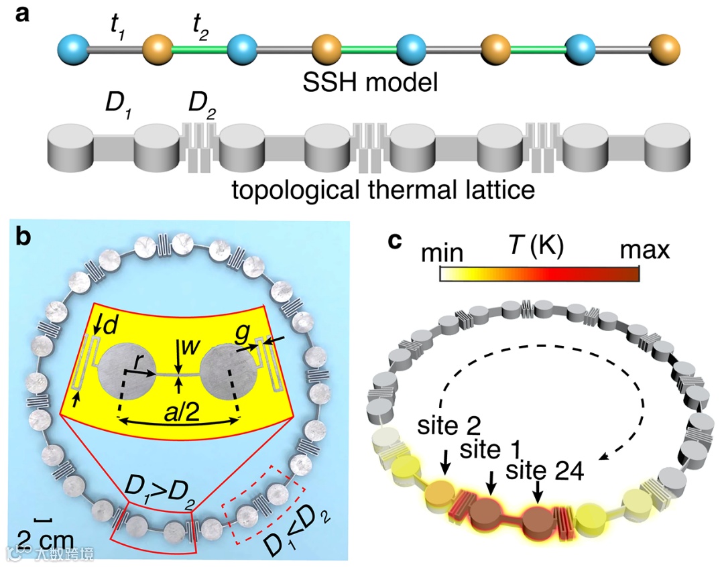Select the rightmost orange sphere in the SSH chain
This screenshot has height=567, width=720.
[x=665, y=49]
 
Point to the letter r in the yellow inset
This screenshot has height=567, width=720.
[x=136, y=361]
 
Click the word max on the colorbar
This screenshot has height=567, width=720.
[x=644, y=250]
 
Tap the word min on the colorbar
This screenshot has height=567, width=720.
[x=442, y=253]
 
